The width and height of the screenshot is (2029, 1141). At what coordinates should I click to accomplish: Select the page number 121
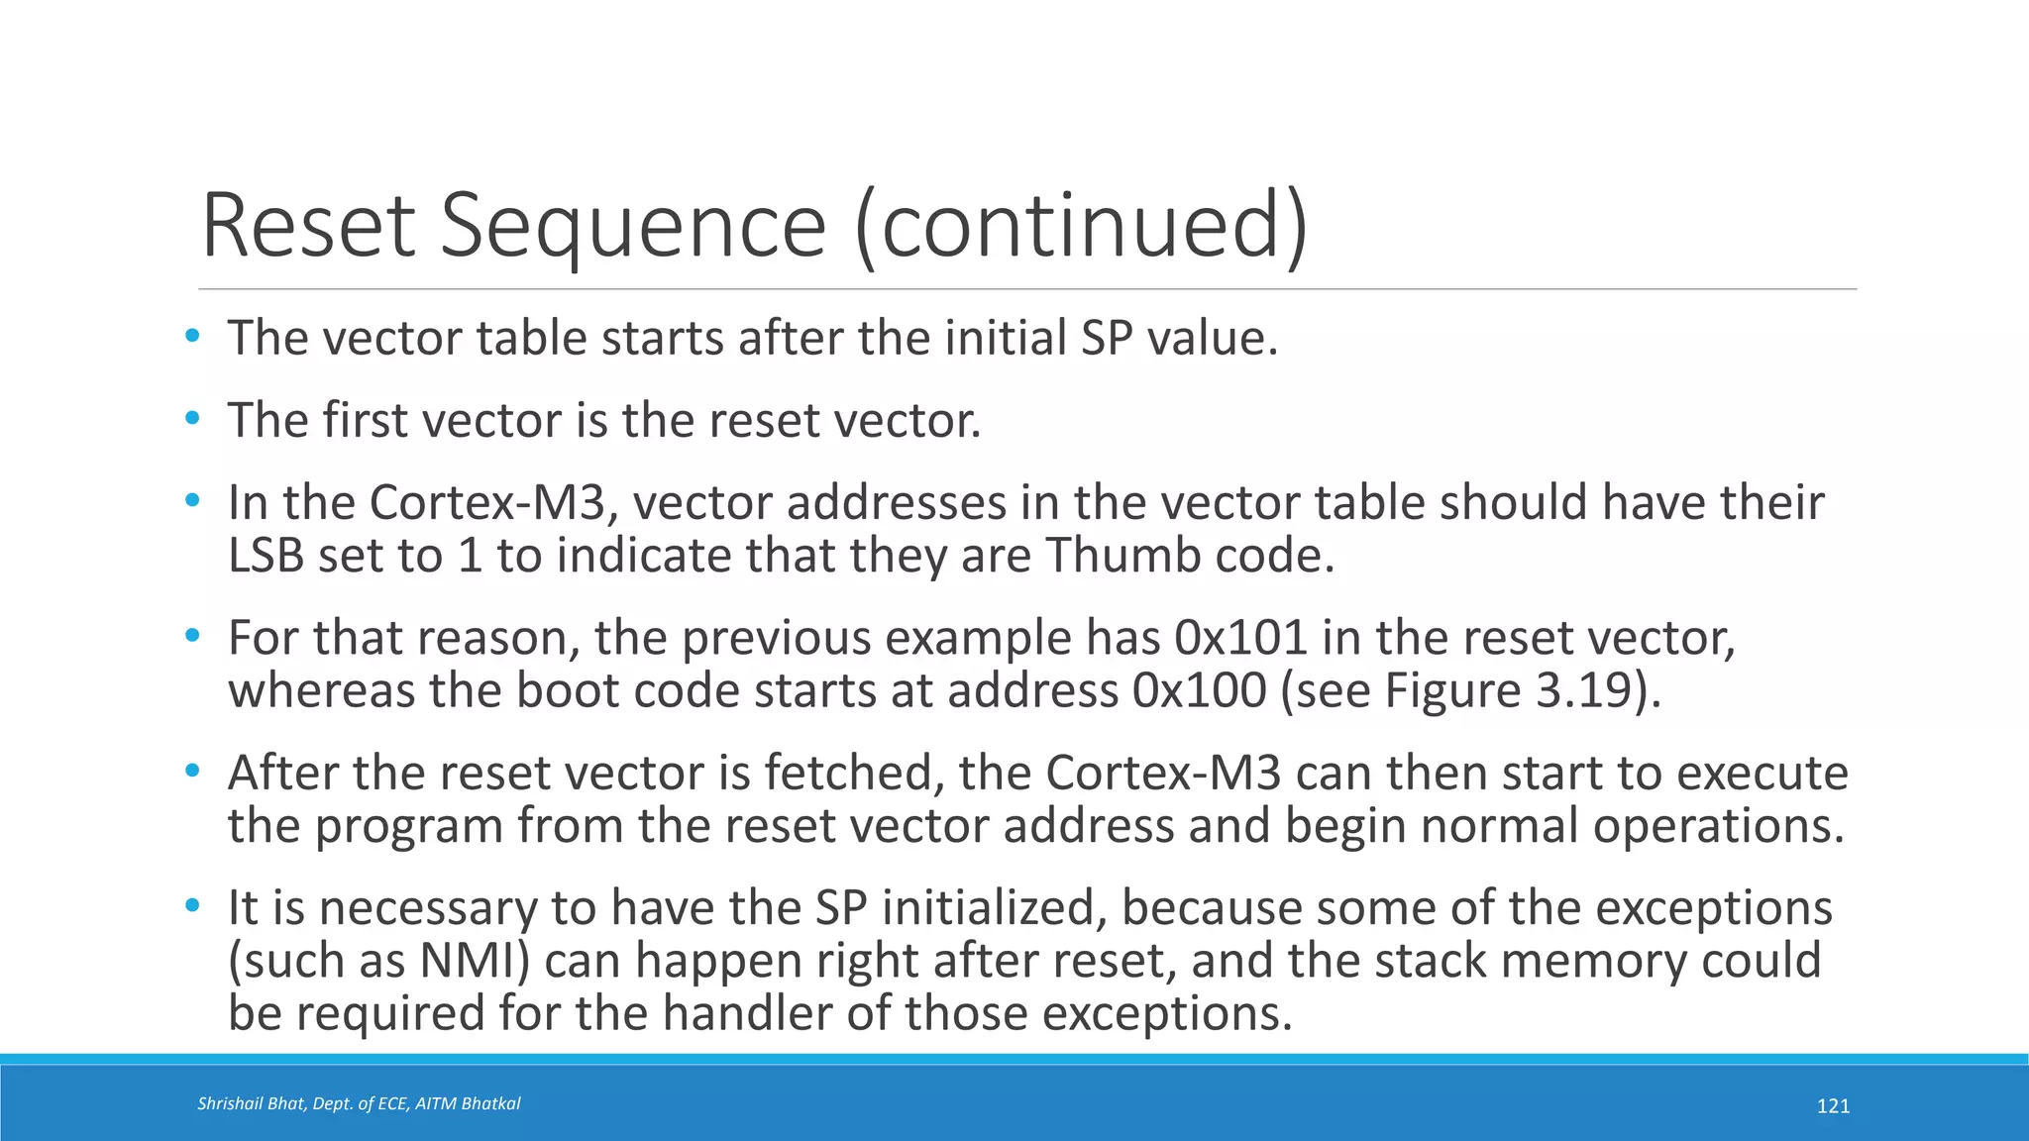[1833, 1106]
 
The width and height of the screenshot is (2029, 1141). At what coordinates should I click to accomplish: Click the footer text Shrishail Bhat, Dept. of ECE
[359, 1103]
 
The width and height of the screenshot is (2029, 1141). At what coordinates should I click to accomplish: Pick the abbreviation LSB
[266, 555]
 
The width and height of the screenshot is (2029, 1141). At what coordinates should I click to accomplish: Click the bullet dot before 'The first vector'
[192, 419]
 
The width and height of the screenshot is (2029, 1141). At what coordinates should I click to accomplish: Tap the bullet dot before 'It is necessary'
[192, 906]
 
